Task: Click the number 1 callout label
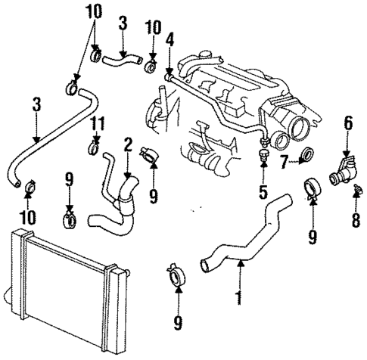(239, 299)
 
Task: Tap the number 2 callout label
(128, 143)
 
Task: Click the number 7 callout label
(284, 161)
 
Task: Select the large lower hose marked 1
(250, 238)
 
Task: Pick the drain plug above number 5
(263, 157)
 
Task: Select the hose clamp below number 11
(95, 144)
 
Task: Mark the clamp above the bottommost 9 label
(176, 275)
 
